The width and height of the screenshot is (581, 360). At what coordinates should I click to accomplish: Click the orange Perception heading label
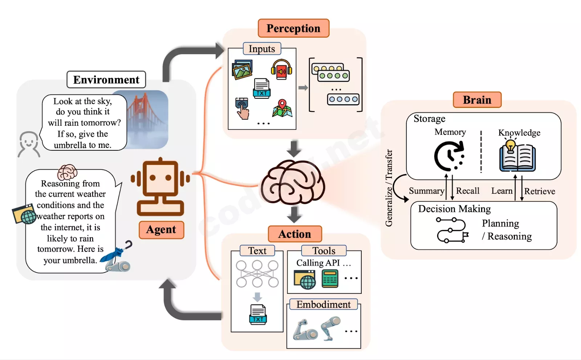click(x=293, y=28)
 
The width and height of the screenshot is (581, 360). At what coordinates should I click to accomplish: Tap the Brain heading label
click(x=477, y=100)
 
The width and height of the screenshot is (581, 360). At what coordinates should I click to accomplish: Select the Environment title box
click(x=106, y=80)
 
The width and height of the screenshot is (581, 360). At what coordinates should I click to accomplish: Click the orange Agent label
click(x=161, y=230)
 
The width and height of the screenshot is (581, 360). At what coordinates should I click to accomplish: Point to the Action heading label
click(x=294, y=234)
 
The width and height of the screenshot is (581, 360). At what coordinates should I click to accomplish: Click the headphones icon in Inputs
click(x=281, y=69)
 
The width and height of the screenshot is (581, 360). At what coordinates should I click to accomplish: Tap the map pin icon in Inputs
click(x=282, y=108)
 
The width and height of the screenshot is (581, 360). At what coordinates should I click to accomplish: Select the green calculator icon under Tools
click(x=330, y=279)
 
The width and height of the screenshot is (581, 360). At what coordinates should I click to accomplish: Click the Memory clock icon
click(x=449, y=156)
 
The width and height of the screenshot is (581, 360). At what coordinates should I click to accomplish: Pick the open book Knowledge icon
click(x=517, y=156)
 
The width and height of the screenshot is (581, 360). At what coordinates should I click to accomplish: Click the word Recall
click(x=467, y=191)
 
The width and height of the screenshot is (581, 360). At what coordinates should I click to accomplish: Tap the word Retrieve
click(x=540, y=191)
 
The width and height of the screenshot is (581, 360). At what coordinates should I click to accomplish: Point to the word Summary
click(x=426, y=191)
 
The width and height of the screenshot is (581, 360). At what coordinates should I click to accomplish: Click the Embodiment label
click(x=324, y=304)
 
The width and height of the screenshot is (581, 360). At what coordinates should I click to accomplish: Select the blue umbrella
click(x=116, y=252)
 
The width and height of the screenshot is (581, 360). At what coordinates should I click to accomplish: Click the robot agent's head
click(x=161, y=178)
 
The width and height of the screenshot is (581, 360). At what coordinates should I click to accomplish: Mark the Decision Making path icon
click(x=452, y=230)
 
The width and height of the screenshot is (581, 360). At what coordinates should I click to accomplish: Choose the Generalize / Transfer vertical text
click(x=389, y=188)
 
